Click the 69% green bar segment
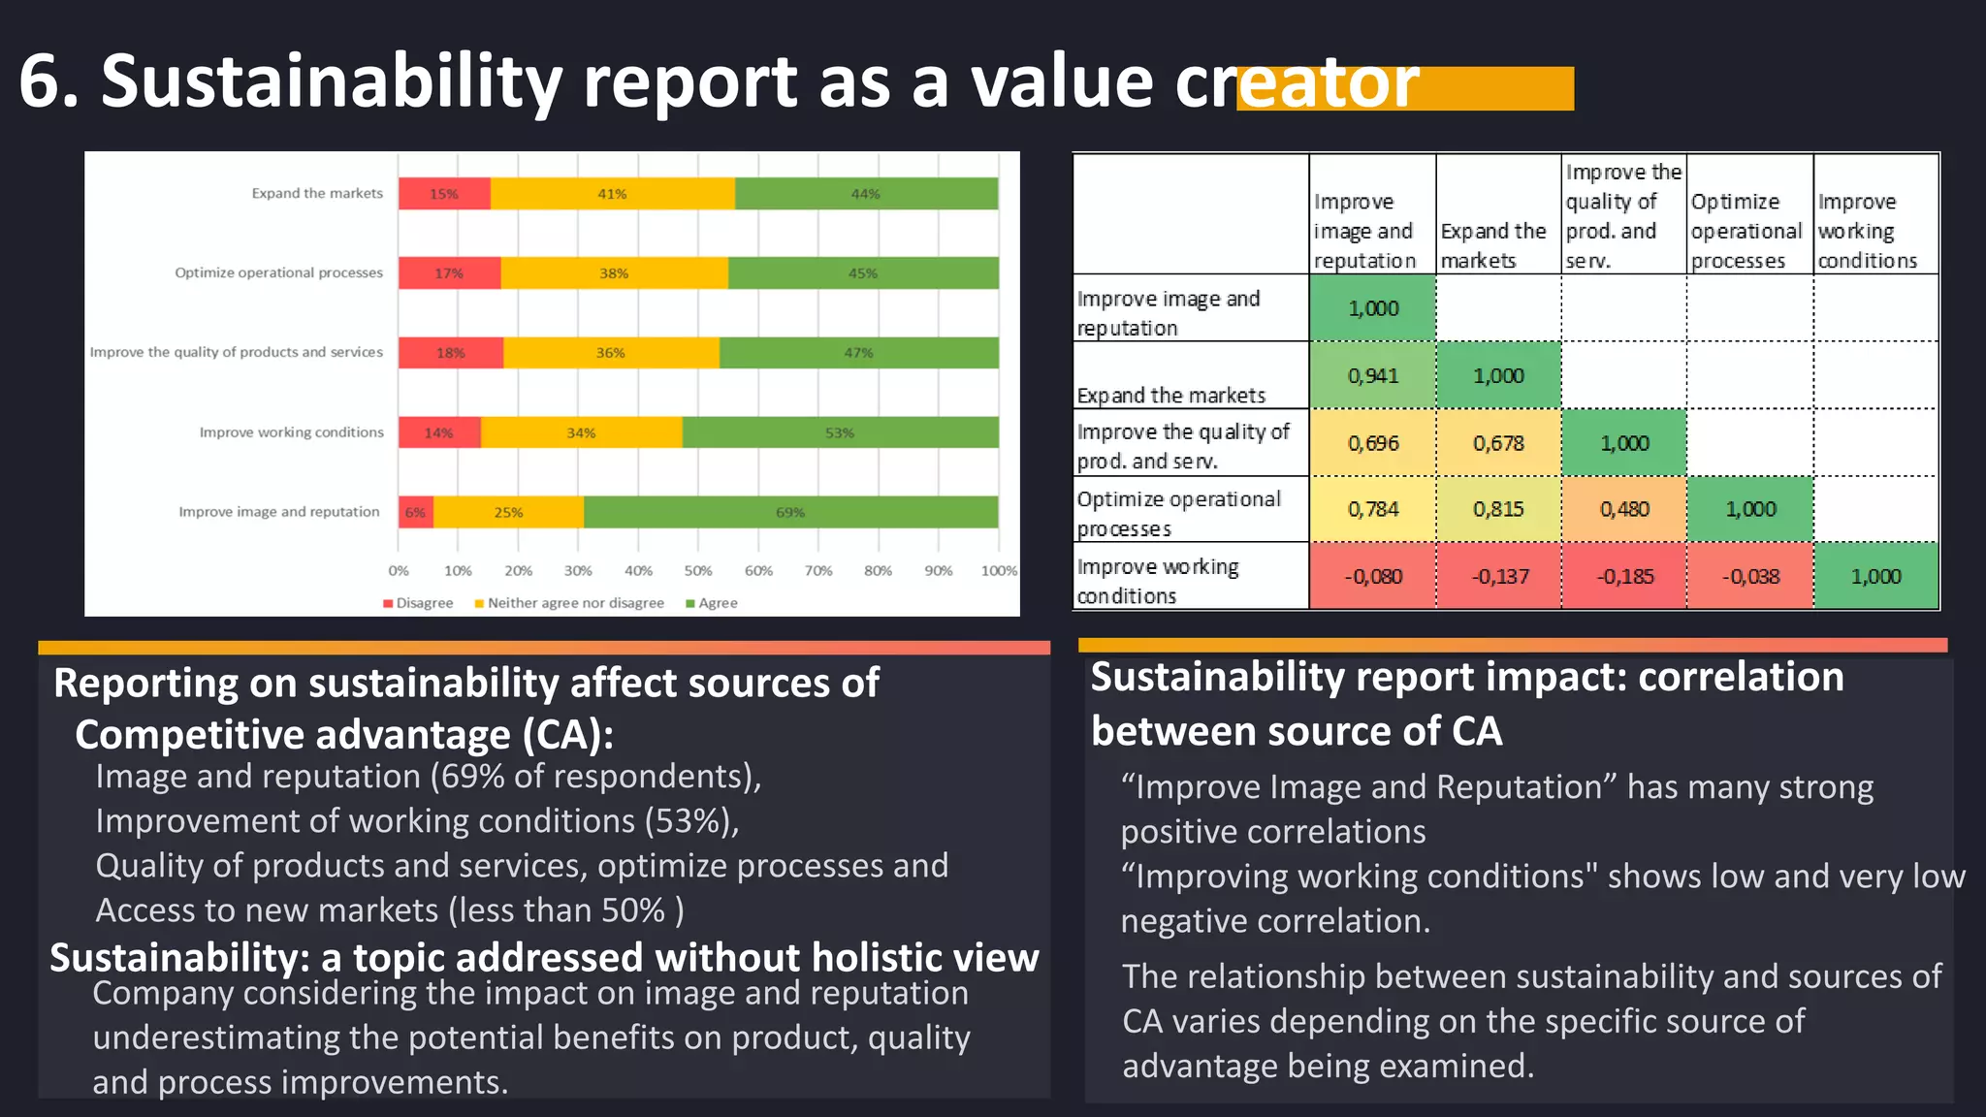(x=790, y=512)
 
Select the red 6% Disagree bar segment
(x=415, y=512)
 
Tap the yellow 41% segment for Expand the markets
(x=612, y=194)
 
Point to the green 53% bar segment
(x=840, y=432)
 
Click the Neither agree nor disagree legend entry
(x=569, y=603)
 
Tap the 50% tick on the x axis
(x=698, y=571)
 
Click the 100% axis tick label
(x=998, y=571)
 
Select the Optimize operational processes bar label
(x=278, y=273)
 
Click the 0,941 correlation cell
(x=1372, y=376)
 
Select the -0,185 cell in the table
(x=1624, y=577)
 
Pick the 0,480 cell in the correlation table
(x=1624, y=509)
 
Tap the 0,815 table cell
(x=1498, y=509)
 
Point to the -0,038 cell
(x=1750, y=577)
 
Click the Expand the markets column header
(x=1493, y=245)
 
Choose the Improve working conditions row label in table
(x=1159, y=580)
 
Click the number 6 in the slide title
(x=39, y=82)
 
